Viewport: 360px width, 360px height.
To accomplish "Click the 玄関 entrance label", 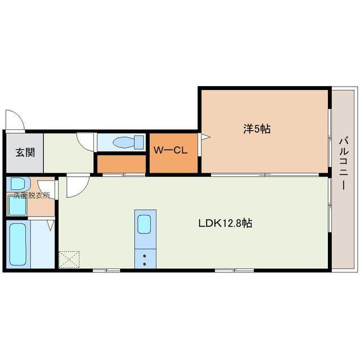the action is (x=25, y=152).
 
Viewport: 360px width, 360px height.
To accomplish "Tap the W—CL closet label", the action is (x=170, y=151).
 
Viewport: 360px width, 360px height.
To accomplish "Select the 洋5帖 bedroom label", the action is (x=257, y=129).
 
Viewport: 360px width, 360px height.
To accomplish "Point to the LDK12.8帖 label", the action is (x=225, y=223).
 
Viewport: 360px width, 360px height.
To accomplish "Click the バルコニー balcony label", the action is (x=344, y=163).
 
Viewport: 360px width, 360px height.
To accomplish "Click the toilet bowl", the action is (x=124, y=142).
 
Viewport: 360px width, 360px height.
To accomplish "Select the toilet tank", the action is (x=139, y=142).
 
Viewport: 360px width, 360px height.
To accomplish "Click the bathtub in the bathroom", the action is (x=18, y=244).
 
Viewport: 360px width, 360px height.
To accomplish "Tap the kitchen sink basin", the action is (x=144, y=224).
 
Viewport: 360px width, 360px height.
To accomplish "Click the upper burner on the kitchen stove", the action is (x=145, y=256).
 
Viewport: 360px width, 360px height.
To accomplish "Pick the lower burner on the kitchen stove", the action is (x=145, y=264).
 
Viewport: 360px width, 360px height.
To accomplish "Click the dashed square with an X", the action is (x=69, y=260).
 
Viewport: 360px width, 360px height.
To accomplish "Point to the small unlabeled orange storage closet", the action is (x=121, y=164).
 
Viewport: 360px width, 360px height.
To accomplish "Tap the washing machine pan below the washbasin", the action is (x=17, y=206).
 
